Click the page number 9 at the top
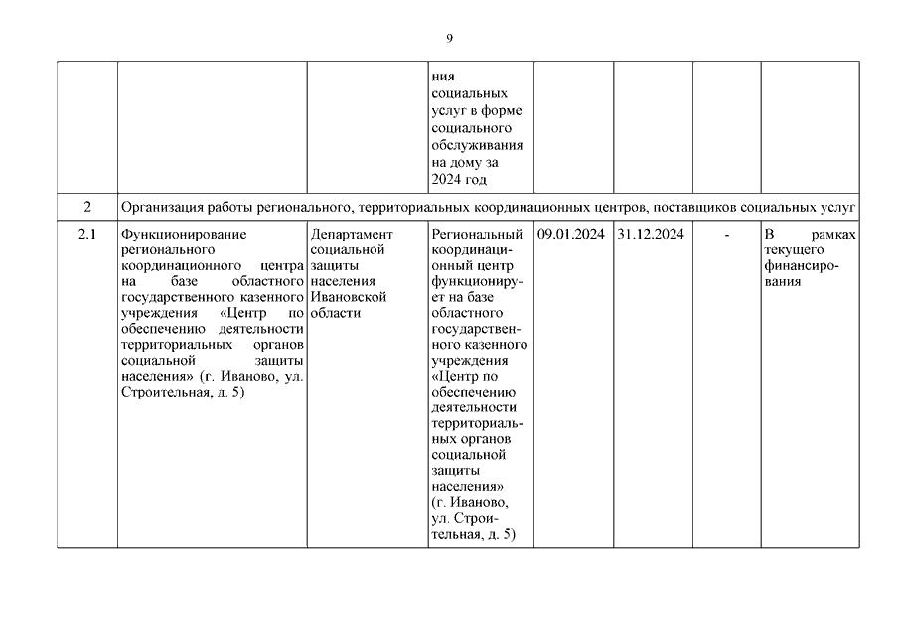coord(449,38)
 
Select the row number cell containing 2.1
coord(86,235)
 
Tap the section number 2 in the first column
coord(86,207)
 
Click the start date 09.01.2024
coord(570,235)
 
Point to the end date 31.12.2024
coord(650,235)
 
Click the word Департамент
coord(352,235)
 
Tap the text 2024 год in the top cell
coord(462,179)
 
